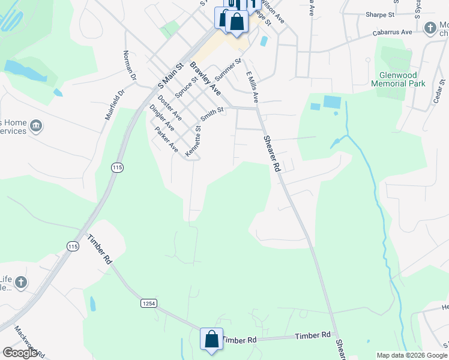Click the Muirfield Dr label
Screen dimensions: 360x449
[115, 104]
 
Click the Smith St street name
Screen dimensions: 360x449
[212, 113]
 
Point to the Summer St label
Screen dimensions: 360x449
[228, 70]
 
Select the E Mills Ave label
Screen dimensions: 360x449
[252, 85]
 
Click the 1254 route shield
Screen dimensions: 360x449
[149, 304]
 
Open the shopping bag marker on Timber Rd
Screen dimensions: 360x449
[211, 339]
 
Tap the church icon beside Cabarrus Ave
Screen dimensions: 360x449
[430, 28]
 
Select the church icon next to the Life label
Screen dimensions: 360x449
[20, 283]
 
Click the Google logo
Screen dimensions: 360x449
[20, 353]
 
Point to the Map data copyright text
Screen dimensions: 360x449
[411, 355]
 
